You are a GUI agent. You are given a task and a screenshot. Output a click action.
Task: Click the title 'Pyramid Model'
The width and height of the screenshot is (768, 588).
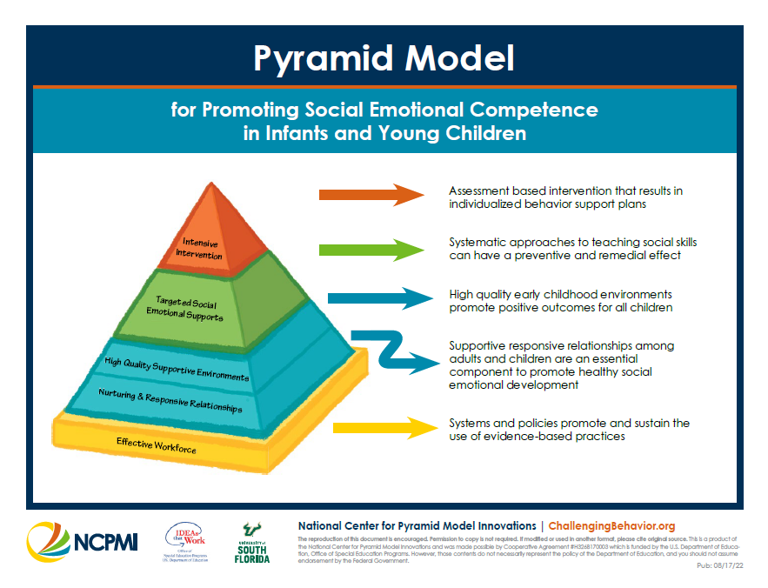point(384,58)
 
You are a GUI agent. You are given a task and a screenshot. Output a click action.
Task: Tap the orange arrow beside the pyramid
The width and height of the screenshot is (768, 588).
point(370,194)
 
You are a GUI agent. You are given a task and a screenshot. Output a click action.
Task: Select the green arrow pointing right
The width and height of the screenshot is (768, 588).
point(370,250)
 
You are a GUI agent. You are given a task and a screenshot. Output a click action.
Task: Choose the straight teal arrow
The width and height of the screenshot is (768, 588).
point(378,298)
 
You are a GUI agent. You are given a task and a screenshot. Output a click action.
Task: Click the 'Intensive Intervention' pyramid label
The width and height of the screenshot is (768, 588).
point(201,249)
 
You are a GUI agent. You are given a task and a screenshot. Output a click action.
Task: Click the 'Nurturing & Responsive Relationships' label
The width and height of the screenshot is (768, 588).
point(170,401)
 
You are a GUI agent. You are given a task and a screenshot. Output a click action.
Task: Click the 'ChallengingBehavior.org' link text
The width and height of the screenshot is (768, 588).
point(611,526)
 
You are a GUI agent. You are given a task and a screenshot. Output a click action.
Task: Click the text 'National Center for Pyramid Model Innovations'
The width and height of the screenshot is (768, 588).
point(417,526)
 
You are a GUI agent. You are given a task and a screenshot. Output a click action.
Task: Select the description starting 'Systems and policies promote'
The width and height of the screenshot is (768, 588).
point(569,429)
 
